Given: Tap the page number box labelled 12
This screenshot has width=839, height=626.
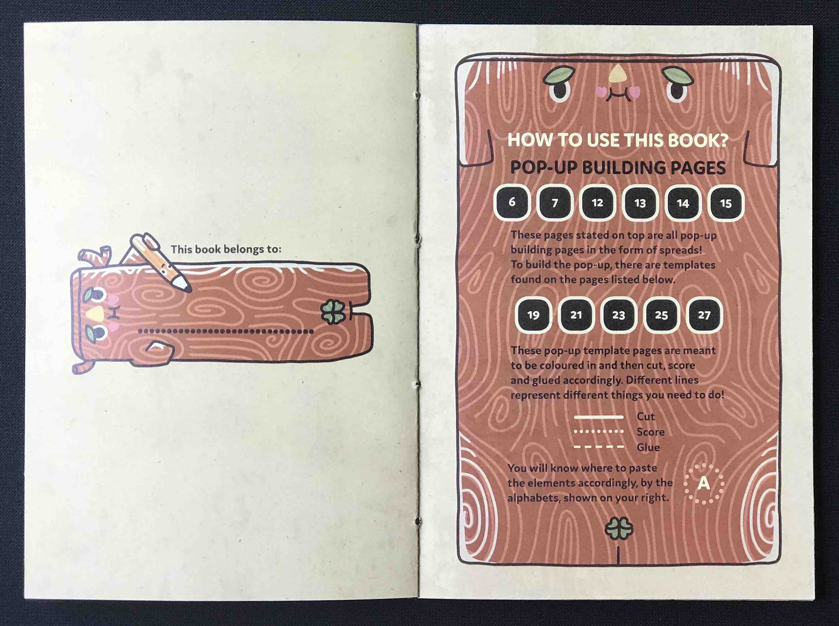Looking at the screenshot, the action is (598, 203).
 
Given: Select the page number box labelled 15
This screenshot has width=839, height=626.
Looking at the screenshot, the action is (726, 203).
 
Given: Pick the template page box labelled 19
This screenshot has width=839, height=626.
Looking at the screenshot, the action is (533, 315).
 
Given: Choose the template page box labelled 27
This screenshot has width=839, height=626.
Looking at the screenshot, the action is (704, 315).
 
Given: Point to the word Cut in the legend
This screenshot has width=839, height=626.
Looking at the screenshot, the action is (646, 417).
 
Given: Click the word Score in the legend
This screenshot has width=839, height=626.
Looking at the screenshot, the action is (651, 432).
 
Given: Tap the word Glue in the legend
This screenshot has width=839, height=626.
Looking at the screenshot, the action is (648, 447).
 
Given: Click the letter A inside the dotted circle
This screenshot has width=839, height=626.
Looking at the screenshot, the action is (704, 484).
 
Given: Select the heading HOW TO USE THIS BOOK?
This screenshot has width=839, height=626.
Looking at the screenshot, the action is (618, 140).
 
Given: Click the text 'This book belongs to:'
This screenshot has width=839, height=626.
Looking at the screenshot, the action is (226, 249).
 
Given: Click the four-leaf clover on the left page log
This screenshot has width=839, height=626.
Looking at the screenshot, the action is (333, 311).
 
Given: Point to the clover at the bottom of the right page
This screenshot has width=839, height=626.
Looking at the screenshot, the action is (619, 529).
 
